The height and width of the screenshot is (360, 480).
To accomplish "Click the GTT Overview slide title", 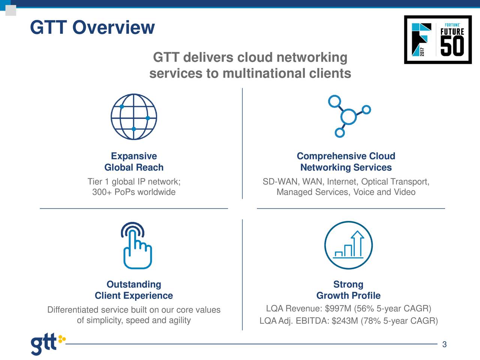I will click(92, 27).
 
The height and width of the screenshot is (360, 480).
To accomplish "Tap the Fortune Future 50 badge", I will click(438, 40).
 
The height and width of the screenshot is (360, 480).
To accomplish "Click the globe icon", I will click(134, 117).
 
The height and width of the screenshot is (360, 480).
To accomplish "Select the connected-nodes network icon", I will click(348, 116).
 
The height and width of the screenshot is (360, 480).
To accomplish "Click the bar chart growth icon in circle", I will click(348, 245).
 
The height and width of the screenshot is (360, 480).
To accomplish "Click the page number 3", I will click(444, 345).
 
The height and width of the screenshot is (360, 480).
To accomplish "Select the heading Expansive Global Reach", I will click(134, 162).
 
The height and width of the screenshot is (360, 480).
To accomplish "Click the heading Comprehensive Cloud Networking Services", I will click(346, 162).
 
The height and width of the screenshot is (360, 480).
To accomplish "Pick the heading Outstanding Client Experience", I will click(134, 290).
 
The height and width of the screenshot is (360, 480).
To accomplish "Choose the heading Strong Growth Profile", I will click(348, 290).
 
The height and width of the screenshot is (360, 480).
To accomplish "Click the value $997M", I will click(338, 309).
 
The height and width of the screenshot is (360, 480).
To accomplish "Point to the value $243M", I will click(345, 321).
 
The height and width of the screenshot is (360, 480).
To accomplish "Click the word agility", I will click(180, 321).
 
